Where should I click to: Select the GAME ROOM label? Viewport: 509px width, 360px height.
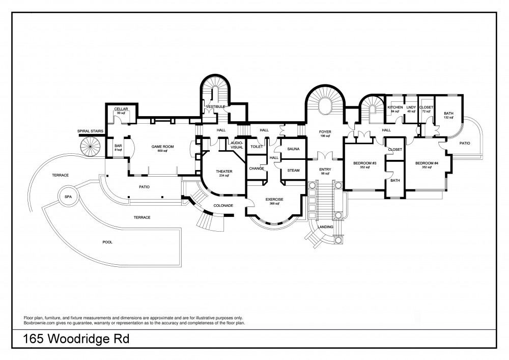click(163, 147)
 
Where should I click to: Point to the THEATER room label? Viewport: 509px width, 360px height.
click(224, 172)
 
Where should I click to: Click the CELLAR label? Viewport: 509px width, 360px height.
click(121, 109)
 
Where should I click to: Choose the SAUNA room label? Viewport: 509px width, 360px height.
click(294, 149)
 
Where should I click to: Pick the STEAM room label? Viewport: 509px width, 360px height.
click(294, 171)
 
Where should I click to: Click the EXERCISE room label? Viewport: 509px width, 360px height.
click(274, 199)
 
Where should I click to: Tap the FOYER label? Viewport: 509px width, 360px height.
click(325, 132)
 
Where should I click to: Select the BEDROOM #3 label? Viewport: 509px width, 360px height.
click(365, 163)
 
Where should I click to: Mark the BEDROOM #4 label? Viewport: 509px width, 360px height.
click(427, 163)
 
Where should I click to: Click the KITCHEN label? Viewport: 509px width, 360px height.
click(395, 107)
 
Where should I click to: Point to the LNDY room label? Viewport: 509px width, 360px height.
click(411, 107)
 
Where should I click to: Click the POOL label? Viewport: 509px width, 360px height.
click(107, 242)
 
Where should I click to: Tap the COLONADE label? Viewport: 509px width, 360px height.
click(223, 206)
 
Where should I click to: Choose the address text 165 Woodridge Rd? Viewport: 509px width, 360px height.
click(76, 339)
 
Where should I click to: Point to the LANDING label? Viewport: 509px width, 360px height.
click(325, 227)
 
